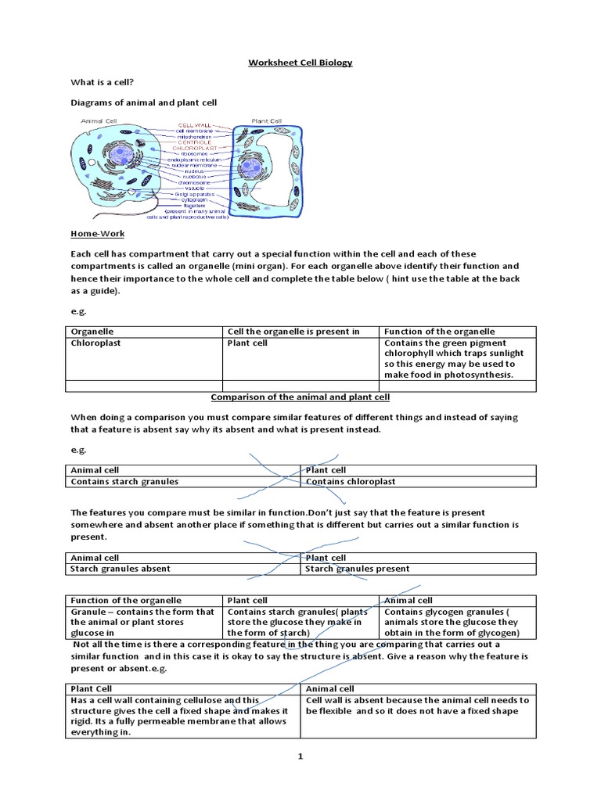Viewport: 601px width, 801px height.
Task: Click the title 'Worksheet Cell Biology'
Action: coord(300,63)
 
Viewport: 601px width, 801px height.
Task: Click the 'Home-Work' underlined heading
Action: coord(97,233)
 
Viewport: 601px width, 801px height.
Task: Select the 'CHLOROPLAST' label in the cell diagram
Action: coord(194,145)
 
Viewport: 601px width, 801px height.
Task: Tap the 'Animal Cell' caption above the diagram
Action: coord(99,120)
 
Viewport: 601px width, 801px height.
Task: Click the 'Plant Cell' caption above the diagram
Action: coord(266,120)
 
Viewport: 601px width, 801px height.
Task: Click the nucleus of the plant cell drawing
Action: coord(251,166)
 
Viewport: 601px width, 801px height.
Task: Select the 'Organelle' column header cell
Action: coord(92,332)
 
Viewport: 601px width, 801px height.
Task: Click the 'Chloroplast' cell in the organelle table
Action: coord(96,343)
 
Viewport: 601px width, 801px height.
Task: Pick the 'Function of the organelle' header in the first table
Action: coord(439,332)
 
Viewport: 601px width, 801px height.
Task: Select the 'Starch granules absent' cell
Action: coord(121,569)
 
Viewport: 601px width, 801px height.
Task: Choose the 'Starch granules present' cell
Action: coord(357,569)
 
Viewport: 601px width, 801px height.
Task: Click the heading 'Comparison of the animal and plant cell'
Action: coord(300,397)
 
